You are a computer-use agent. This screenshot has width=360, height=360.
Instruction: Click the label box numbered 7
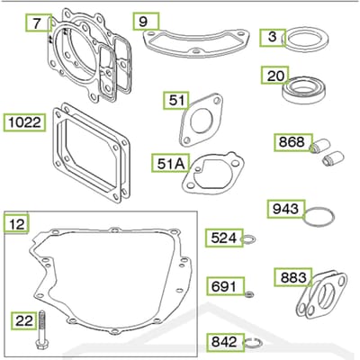pyautogui.click(x=37, y=22)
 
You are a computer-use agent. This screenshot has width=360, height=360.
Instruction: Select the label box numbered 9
pyautogui.click(x=146, y=21)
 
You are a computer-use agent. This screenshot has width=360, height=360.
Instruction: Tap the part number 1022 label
pyautogui.click(x=24, y=122)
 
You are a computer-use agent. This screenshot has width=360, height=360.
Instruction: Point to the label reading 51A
pyautogui.click(x=171, y=163)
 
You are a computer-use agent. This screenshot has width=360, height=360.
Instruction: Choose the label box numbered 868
pyautogui.click(x=293, y=142)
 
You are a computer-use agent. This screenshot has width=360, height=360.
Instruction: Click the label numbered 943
pyautogui.click(x=286, y=209)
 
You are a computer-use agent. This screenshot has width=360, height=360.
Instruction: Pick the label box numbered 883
pyautogui.click(x=293, y=277)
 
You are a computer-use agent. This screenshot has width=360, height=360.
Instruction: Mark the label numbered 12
pyautogui.click(x=16, y=223)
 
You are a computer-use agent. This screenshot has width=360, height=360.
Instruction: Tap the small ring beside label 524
pyautogui.click(x=248, y=239)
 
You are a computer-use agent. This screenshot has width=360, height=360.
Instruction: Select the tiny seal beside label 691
pyautogui.click(x=249, y=294)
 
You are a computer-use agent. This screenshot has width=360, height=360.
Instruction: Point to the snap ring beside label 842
pyautogui.click(x=253, y=342)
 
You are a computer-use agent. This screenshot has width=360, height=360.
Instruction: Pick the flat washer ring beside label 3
pyautogui.click(x=305, y=38)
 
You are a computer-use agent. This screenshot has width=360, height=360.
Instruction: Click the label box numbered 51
pyautogui.click(x=176, y=100)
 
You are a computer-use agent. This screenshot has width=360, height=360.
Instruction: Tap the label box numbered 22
pyautogui.click(x=24, y=320)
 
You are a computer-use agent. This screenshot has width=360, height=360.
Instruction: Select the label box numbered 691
pyautogui.click(x=225, y=286)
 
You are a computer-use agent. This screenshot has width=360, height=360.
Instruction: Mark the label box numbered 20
pyautogui.click(x=274, y=75)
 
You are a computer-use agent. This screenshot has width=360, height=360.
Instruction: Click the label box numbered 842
pyautogui.click(x=225, y=341)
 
